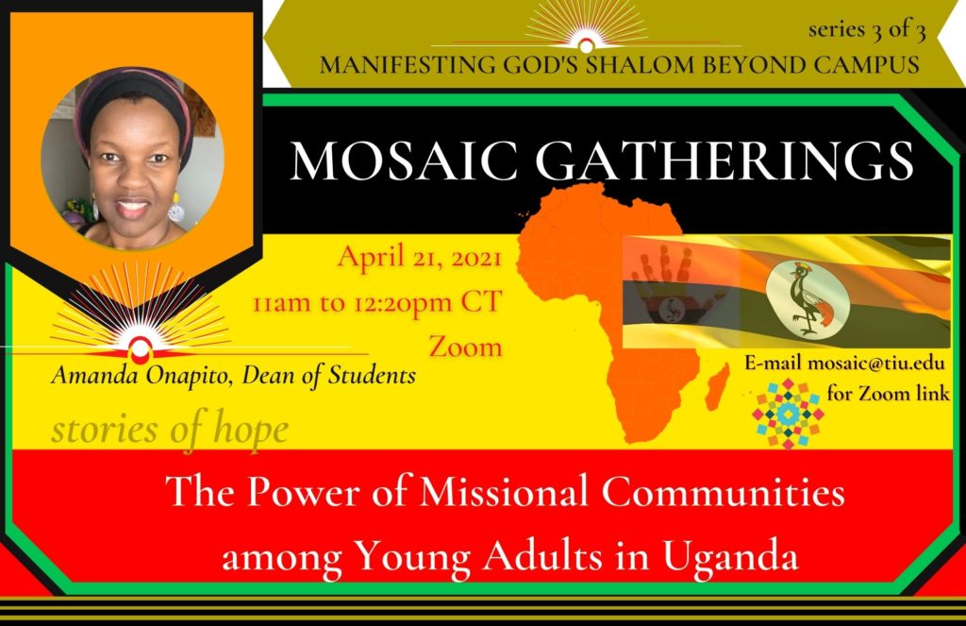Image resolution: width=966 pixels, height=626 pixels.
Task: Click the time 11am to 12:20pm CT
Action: (377, 302)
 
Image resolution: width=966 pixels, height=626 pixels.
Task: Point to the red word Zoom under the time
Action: (466, 346)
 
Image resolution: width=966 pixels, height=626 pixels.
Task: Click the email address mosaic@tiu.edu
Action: (875, 363)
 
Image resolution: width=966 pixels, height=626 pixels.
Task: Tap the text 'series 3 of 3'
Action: (867, 29)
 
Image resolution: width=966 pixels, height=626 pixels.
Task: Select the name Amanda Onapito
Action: (142, 375)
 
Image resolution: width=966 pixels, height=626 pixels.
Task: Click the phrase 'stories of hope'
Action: (170, 430)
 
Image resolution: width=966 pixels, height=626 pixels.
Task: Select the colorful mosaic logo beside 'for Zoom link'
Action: (788, 414)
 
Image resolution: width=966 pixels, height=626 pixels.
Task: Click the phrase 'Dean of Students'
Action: (329, 375)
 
